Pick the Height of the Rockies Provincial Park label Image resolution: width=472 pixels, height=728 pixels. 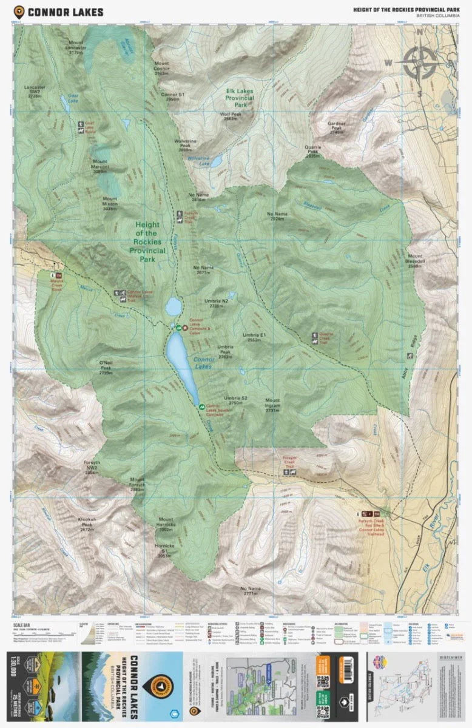coord(147,241)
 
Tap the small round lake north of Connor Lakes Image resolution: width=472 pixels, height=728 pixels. coord(174,306)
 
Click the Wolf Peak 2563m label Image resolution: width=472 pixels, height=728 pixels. coord(231,116)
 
